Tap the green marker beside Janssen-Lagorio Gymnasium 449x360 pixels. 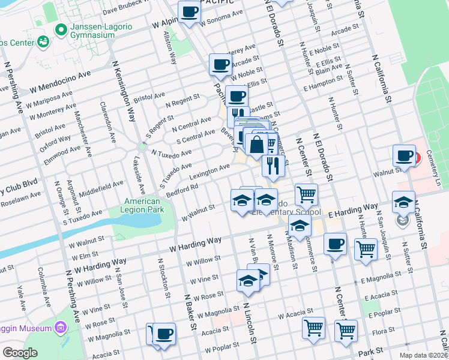click(61, 29)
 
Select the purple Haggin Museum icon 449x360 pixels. click(60, 328)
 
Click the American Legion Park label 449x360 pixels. click(142, 205)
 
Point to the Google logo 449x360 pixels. click(20, 353)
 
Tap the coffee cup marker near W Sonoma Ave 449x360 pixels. click(190, 13)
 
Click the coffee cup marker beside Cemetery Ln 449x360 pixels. click(404, 157)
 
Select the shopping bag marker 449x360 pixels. click(256, 145)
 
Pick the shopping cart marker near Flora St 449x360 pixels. click(346, 329)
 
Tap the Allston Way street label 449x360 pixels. click(170, 47)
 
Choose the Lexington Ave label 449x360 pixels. click(210, 172)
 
